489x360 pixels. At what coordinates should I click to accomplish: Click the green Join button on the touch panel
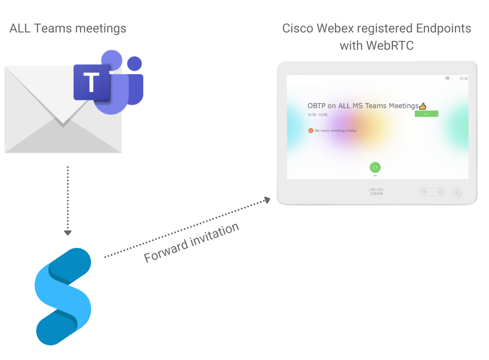[x=426, y=114]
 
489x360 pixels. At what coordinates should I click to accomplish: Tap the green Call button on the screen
[x=375, y=167]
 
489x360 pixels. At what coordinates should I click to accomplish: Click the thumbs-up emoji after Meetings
[x=423, y=106]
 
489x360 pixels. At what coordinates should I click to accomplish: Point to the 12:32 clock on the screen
[x=463, y=78]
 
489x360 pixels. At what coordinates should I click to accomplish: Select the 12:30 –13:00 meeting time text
[x=317, y=115]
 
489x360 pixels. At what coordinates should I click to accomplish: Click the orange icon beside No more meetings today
[x=311, y=131]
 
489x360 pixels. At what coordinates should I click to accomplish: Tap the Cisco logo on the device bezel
[x=376, y=191]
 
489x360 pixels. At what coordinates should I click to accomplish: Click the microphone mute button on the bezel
[x=457, y=192]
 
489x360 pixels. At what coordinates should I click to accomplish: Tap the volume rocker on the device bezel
[x=432, y=192]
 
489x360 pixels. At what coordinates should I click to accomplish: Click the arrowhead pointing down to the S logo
[x=67, y=233]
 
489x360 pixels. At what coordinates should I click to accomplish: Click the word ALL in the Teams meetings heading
[x=20, y=28]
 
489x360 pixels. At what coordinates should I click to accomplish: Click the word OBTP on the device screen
[x=316, y=106]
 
